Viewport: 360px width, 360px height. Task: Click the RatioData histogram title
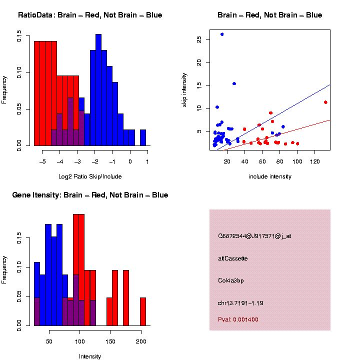90,15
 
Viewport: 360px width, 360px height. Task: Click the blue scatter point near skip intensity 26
222,34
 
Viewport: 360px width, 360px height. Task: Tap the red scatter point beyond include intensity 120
325,102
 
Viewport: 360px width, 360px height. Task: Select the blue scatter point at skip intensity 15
234,83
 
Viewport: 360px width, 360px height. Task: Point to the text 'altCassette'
232,258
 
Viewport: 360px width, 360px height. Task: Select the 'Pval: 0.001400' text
238,319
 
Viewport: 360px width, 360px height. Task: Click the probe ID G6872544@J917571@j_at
254,235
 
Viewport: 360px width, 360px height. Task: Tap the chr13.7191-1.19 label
240,303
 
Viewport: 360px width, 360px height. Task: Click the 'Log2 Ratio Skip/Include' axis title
90,176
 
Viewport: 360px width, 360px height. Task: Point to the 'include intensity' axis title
270,176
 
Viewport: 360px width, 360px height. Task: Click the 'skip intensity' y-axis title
184,90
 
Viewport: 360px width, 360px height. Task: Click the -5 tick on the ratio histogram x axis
42,161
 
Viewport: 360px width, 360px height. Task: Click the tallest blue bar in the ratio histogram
98,90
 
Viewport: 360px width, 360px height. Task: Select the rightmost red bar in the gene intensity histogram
143,311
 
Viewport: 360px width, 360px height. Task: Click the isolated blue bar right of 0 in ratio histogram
143,137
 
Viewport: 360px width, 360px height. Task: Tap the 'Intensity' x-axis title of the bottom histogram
90,356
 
